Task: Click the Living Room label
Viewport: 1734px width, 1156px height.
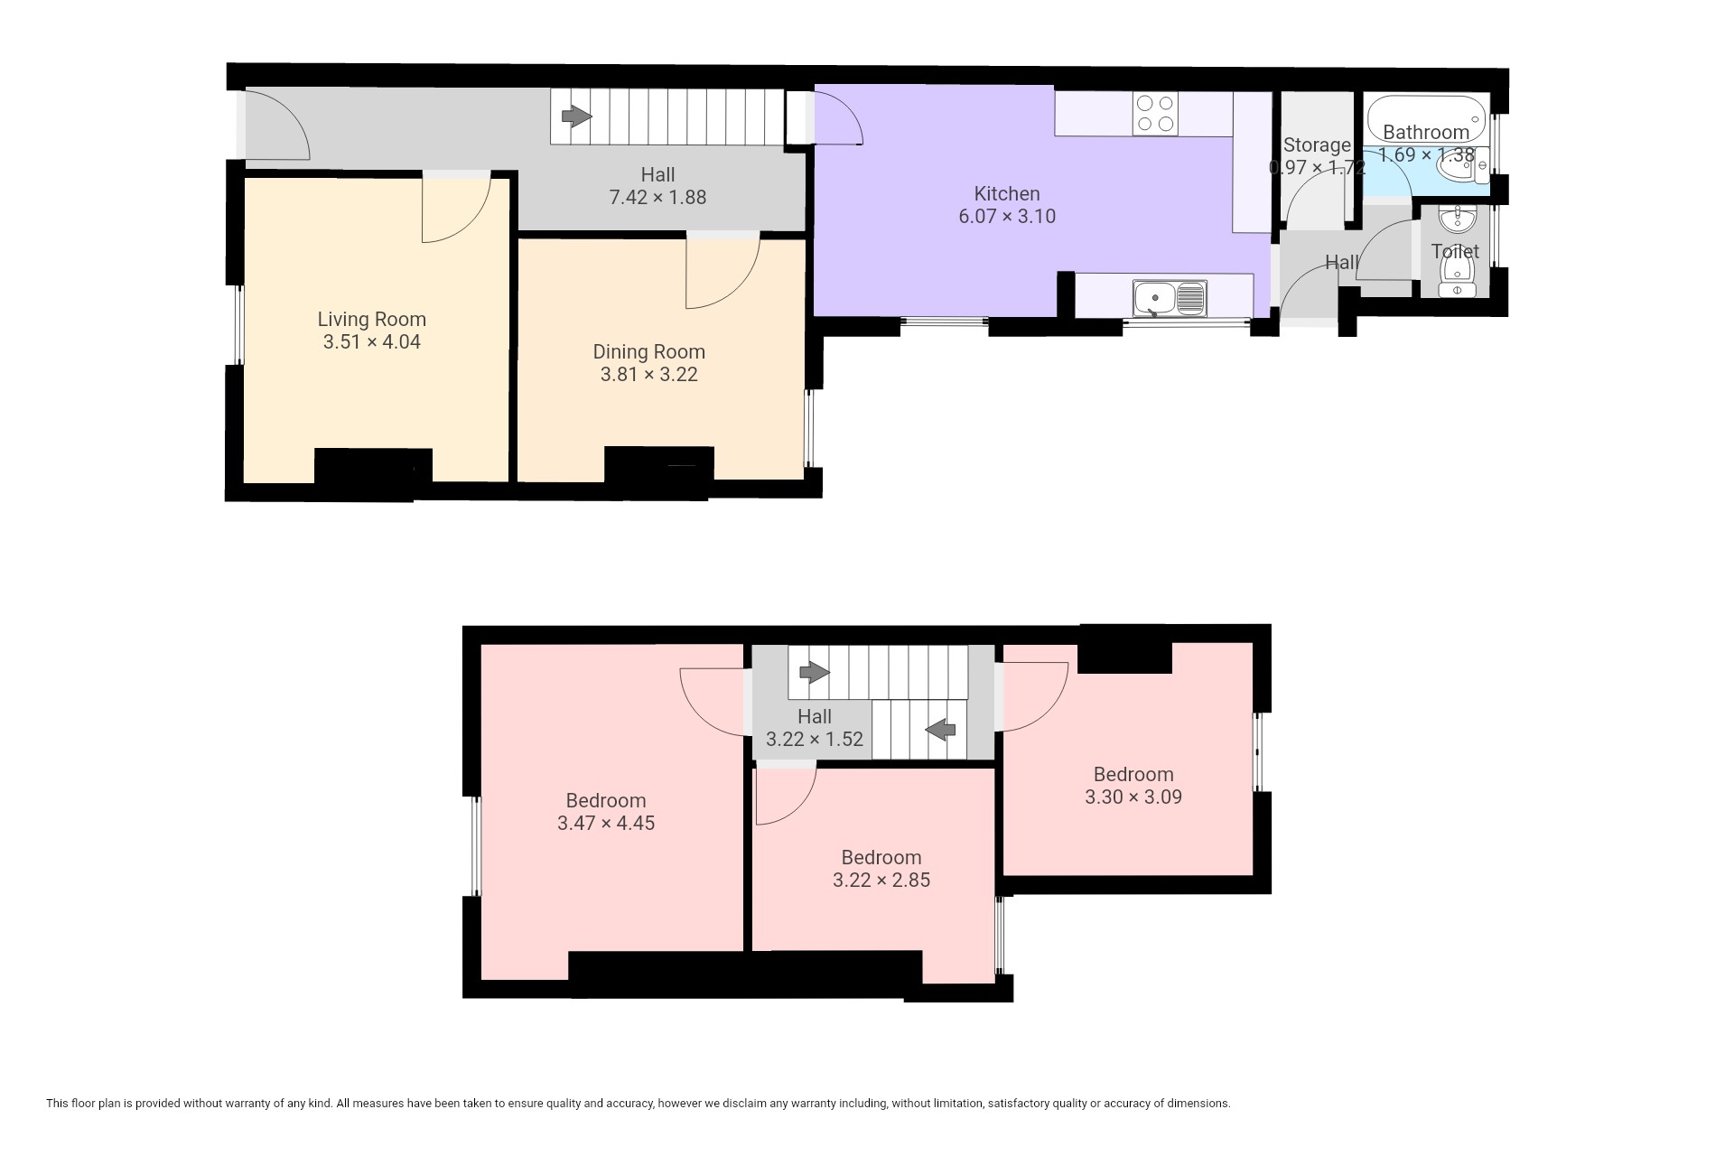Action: [371, 319]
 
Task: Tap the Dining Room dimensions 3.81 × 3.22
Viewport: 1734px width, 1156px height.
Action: [648, 374]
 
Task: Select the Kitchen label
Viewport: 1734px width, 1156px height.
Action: [1007, 193]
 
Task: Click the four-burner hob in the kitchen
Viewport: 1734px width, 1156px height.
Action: [1155, 115]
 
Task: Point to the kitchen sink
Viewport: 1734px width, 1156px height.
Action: [1170, 298]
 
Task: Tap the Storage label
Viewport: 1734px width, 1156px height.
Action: [1317, 144]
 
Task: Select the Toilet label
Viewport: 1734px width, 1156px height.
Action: [1455, 251]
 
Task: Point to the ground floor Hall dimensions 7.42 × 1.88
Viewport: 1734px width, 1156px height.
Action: [657, 197]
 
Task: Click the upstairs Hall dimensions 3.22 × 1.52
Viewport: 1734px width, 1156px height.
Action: [815, 739]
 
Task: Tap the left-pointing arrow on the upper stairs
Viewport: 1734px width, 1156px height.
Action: [940, 728]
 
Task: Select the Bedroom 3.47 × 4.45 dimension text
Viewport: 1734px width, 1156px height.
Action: [606, 823]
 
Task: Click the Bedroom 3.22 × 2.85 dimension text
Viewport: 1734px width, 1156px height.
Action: [881, 880]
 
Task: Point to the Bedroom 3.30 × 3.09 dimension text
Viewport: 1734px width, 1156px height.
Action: [1133, 797]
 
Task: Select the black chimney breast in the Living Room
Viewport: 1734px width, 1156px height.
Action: [373, 466]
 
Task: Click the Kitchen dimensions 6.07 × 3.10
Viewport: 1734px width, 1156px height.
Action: [1007, 216]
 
